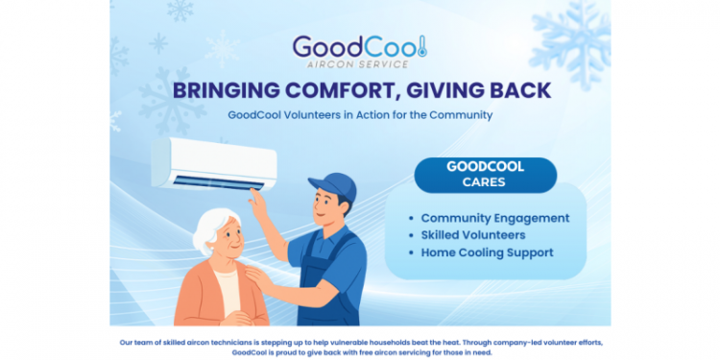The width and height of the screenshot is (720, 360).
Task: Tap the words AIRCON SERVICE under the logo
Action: (361, 64)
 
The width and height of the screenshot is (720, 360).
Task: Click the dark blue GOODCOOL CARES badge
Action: (485, 174)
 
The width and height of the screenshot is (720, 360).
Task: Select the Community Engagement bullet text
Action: (494, 218)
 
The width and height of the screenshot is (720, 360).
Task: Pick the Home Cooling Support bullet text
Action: (487, 252)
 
